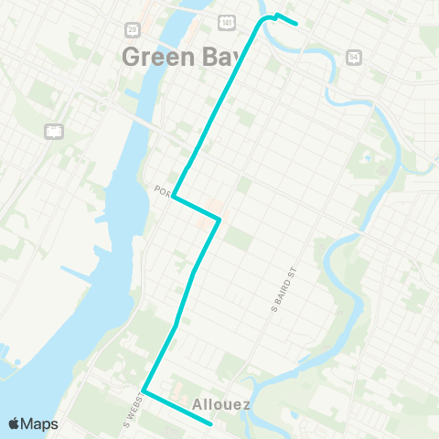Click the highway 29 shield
(x=133, y=31)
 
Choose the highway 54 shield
(x=353, y=57)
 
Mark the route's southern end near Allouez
(x=211, y=423)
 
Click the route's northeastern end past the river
(x=297, y=24)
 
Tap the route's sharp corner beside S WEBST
(x=144, y=392)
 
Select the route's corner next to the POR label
(x=173, y=197)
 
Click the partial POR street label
(x=163, y=191)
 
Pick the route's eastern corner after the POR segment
(x=219, y=219)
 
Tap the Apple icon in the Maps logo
(x=14, y=423)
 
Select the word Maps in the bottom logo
(x=39, y=423)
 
